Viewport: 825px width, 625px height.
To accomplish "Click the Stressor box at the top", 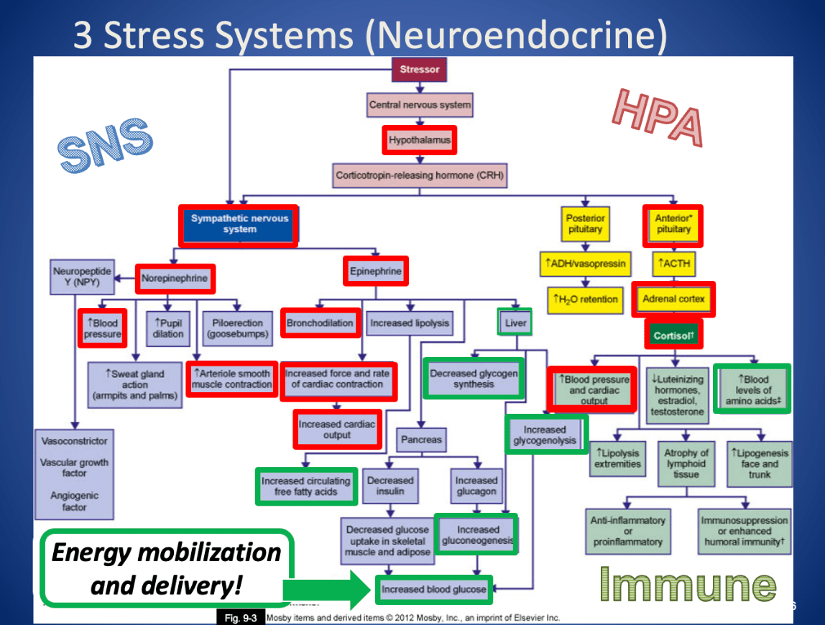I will (x=419, y=70).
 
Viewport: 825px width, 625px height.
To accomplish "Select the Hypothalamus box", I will (x=420, y=140).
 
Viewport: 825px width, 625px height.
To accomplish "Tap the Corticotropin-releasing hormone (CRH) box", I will (x=420, y=175).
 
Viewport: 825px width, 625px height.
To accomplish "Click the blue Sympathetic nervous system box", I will (x=239, y=224).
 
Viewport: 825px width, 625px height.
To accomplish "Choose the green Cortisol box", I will (x=673, y=335).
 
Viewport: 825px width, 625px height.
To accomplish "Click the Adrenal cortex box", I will (x=673, y=300).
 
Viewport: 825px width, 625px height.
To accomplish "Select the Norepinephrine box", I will (x=175, y=278).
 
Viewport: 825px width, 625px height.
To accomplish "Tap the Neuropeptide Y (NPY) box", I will (x=82, y=277).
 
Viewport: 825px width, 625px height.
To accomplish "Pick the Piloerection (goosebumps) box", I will (x=237, y=329).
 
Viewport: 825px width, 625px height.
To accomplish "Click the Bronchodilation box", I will (x=320, y=323).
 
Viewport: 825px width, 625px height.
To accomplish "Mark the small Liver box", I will (x=515, y=323).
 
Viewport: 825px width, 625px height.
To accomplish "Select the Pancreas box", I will (x=421, y=439).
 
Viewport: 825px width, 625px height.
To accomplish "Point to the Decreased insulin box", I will (x=390, y=486).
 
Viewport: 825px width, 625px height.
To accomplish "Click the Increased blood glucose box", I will (x=433, y=589).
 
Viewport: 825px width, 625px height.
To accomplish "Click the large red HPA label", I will (x=656, y=119).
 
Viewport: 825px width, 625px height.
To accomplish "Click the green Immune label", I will (x=688, y=583).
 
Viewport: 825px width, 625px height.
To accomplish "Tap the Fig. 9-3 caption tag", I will (x=241, y=618).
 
